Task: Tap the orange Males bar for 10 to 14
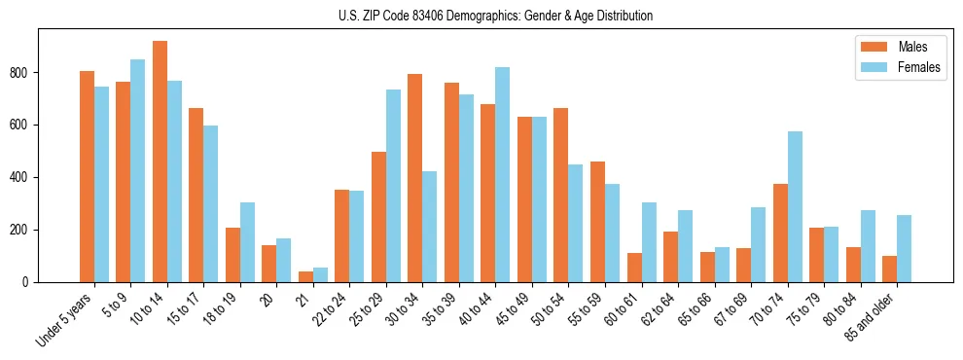[x=160, y=162]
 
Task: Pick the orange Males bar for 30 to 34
[x=415, y=178]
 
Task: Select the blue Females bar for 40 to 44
[x=502, y=175]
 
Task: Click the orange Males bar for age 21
[x=305, y=276]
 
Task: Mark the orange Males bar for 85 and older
[x=889, y=269]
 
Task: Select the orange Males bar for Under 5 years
[x=87, y=176]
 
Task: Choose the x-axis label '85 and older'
[x=869, y=316]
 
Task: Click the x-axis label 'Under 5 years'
[x=66, y=317]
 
